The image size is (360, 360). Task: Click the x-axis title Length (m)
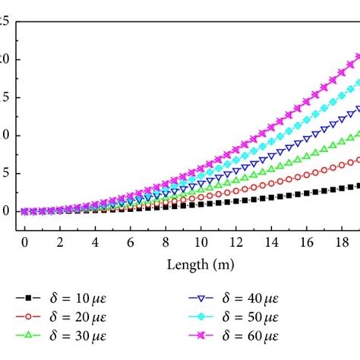pos(200,265)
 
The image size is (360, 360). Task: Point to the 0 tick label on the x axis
pos(24,242)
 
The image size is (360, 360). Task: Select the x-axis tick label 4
pos(95,242)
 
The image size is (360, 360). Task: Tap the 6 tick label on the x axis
pos(131,242)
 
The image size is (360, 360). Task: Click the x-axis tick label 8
pos(166,242)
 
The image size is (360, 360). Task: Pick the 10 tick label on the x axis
pos(201,242)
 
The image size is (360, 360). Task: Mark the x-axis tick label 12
pos(236,242)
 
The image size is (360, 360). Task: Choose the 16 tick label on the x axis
pos(307,242)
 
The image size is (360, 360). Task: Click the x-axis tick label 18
pos(343,242)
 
